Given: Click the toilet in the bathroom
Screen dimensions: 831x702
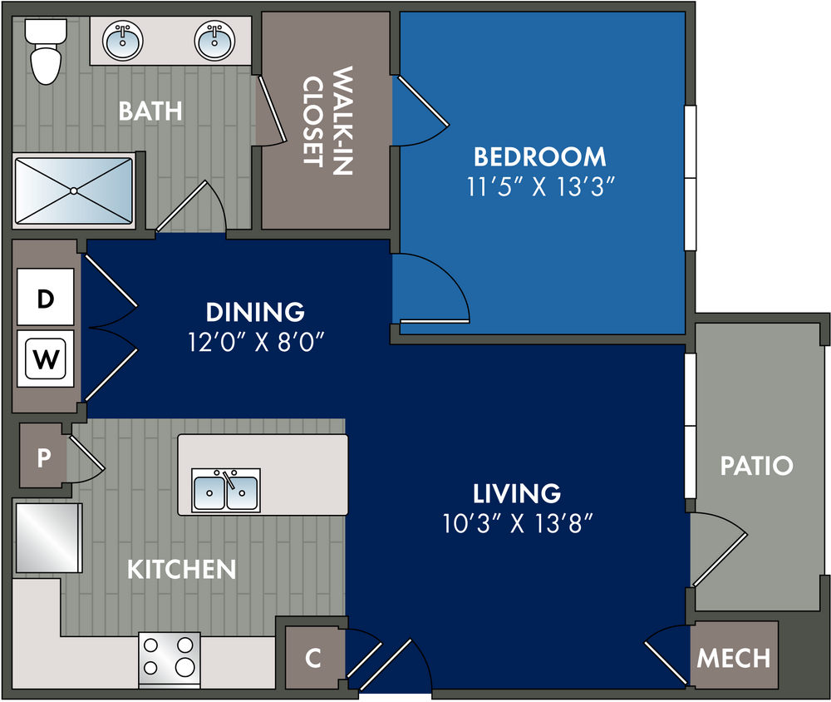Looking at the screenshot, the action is (x=46, y=52).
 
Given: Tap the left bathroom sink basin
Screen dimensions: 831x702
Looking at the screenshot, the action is (x=122, y=40).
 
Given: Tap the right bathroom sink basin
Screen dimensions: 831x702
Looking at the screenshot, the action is (x=214, y=40).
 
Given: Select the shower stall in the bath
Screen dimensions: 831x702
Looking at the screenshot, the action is (x=74, y=190).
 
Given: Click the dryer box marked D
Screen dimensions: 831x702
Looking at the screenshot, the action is (x=46, y=297).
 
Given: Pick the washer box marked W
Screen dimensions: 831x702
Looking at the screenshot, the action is (x=46, y=358).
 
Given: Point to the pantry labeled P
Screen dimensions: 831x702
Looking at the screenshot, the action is (x=43, y=456).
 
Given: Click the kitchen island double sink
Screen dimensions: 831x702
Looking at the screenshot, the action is (x=226, y=490).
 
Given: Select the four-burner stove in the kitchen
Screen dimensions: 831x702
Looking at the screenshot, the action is (x=170, y=659).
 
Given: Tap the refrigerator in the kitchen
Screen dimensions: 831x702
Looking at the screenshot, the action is (x=49, y=538).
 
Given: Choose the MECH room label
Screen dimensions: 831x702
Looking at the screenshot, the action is (x=734, y=659).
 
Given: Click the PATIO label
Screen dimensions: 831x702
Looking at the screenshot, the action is (x=757, y=466).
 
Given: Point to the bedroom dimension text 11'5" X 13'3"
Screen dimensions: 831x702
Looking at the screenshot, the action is (x=540, y=187).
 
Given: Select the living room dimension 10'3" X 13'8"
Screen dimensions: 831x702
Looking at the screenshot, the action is (x=517, y=523).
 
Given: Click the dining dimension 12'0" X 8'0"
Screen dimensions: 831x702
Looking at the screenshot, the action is (x=256, y=342).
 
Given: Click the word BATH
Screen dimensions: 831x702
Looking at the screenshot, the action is (x=150, y=111).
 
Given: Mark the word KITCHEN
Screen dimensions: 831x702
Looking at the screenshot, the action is (x=182, y=570).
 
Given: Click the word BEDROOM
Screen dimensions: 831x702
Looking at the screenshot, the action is (x=540, y=156).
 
